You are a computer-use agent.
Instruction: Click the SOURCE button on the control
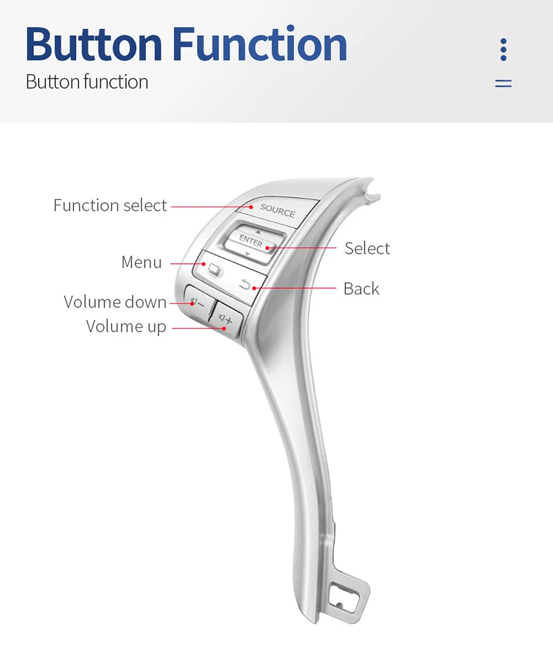277,211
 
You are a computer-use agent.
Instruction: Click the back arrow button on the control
245,283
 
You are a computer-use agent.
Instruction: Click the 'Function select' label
110,205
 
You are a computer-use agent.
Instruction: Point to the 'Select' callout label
367,248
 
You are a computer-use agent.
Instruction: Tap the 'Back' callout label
361,288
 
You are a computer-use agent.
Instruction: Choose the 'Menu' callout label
141,263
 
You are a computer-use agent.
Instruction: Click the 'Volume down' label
115,302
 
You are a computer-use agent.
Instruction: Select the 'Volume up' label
126,326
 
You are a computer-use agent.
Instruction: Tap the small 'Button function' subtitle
86,82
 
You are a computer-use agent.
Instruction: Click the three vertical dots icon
503,50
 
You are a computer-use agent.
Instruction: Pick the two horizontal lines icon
503,83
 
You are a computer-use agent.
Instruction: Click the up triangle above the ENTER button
259,231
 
